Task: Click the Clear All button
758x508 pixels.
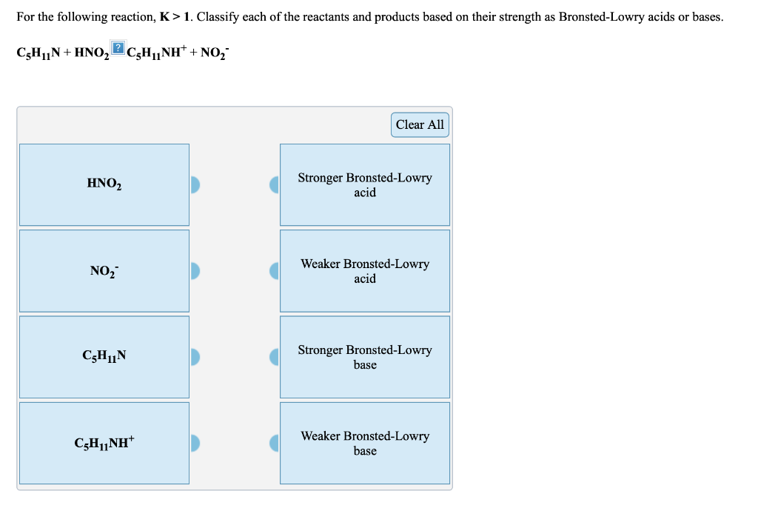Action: [x=420, y=124]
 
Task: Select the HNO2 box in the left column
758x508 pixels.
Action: [x=104, y=184]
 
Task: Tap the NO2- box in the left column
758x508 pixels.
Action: [x=104, y=270]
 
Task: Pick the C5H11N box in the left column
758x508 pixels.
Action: [x=104, y=356]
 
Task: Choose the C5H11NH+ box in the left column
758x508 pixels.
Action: [x=104, y=443]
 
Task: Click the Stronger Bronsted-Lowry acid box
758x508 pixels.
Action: [x=365, y=184]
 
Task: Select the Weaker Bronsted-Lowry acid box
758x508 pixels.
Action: [x=365, y=270]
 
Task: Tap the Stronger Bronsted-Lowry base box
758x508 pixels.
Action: [x=365, y=356]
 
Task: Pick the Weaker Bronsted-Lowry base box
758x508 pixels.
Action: [x=365, y=443]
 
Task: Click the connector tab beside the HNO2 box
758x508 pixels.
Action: [x=195, y=184]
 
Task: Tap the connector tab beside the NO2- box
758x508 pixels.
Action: [x=195, y=270]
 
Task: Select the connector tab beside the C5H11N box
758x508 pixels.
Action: [x=195, y=357]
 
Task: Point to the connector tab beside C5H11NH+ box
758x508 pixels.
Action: [x=195, y=443]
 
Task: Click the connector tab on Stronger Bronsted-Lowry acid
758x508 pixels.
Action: [x=274, y=184]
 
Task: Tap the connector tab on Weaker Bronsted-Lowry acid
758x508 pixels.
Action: [x=274, y=270]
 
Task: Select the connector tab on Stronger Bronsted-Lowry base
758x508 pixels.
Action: [x=274, y=357]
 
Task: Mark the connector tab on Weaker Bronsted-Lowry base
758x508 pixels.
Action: [x=274, y=443]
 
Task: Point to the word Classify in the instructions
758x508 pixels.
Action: [x=218, y=16]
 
